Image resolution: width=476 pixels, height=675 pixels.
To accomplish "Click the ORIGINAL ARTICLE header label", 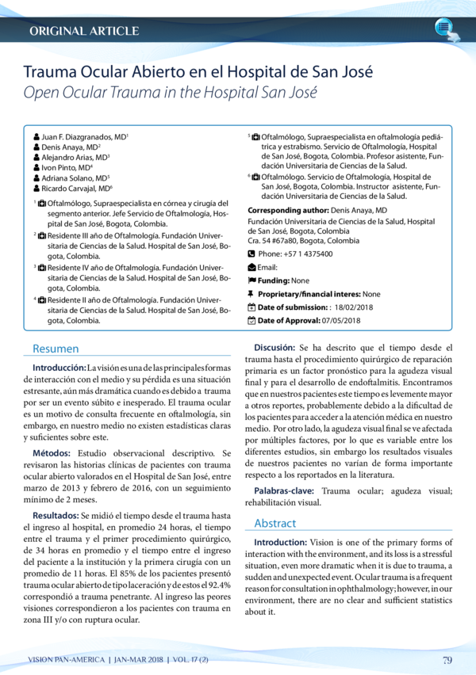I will click(83, 31).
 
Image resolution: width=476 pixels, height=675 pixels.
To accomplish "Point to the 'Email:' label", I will click(267, 268).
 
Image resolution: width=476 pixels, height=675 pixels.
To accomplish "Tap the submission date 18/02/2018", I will click(357, 307).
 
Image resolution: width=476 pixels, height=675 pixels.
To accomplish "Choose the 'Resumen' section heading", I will click(55, 349).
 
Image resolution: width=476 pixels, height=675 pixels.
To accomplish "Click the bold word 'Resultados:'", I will click(56, 515).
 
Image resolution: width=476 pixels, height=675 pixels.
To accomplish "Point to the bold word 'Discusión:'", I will click(274, 348).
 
